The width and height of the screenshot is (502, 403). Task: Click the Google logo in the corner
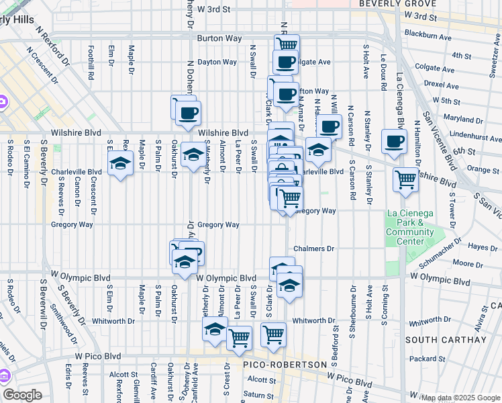click(x=22, y=395)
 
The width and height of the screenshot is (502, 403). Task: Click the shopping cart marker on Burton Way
click(x=287, y=45)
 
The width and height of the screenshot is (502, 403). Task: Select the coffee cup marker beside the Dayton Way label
click(x=285, y=63)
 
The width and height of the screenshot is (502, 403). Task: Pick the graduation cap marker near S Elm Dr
click(x=121, y=164)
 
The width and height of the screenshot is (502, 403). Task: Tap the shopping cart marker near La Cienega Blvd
click(x=406, y=180)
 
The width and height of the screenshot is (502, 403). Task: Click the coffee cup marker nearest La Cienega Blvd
click(x=394, y=142)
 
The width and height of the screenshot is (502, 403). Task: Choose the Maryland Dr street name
click(x=459, y=119)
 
